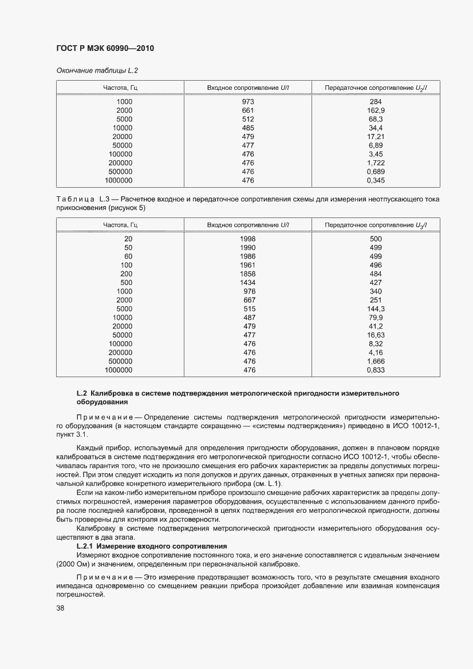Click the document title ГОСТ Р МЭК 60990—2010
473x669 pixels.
click(105, 49)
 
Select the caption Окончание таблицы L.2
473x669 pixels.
click(97, 70)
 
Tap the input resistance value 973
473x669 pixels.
click(248, 102)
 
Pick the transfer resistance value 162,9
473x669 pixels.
click(376, 110)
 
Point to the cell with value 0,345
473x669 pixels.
click(376, 180)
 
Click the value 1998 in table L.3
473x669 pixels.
click(248, 239)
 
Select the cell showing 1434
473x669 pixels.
click(248, 283)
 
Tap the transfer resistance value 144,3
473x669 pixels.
click(376, 309)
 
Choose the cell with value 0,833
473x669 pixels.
click(376, 370)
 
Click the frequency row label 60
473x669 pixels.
click(128, 256)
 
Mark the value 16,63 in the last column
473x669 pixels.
click(376, 335)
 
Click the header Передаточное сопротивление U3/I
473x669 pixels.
click(376, 224)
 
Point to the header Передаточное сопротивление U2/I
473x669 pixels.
click(376, 88)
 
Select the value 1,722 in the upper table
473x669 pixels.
click(376, 163)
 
